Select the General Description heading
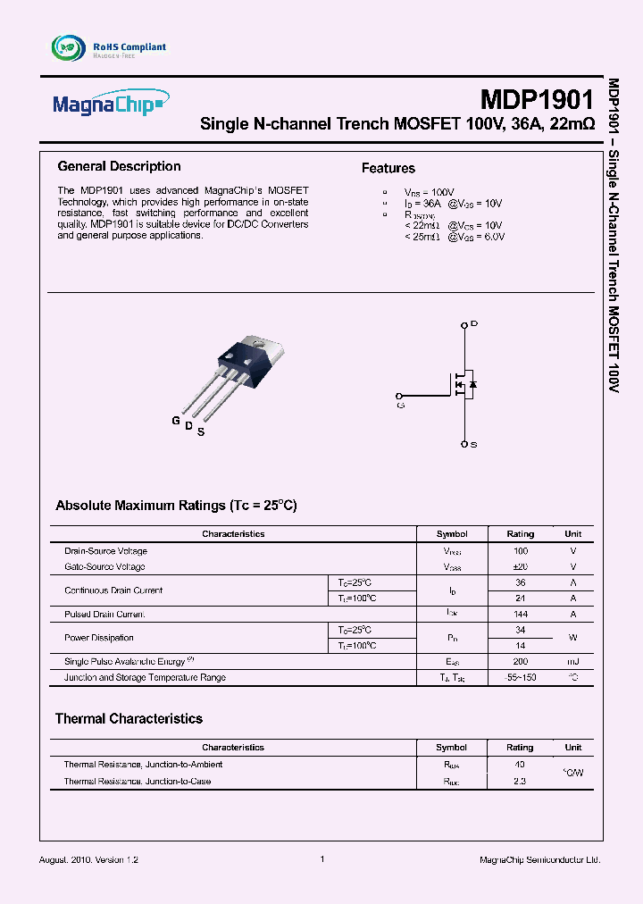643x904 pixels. pos(119,166)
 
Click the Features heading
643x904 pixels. pos(388,168)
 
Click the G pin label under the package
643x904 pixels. pos(176,420)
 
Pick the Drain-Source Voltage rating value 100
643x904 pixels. pos(521,551)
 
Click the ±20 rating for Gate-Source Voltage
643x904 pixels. pos(521,567)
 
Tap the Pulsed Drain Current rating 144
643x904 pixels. pos(521,615)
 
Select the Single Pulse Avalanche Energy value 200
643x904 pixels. pos(521,661)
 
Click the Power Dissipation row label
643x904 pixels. pos(99,638)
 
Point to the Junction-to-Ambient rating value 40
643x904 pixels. pos(520,765)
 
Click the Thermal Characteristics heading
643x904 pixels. pos(129,718)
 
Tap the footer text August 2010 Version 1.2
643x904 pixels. pos(89,859)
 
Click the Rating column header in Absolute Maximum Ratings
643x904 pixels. pos(521,534)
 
